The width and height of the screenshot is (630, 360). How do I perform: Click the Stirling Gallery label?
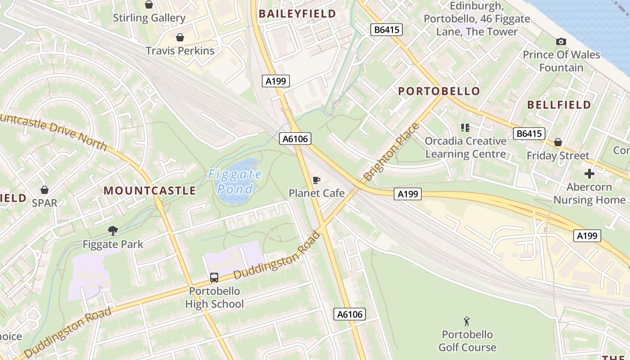pos(149,18)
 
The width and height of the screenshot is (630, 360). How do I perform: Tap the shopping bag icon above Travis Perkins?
pos(180,37)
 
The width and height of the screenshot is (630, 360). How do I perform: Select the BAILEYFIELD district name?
pos(297,13)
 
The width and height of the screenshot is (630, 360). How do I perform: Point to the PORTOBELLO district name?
pos(439,91)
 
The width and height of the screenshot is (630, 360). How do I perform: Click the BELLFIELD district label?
pos(559,105)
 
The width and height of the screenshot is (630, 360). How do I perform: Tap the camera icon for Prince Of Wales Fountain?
pos(561,42)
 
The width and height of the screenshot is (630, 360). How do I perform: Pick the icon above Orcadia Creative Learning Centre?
pos(465,128)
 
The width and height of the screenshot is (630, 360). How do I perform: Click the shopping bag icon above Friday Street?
pos(558,143)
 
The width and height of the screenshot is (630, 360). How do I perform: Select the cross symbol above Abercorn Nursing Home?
pos(589,174)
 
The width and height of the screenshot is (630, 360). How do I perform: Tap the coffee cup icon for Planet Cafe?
pos(316,180)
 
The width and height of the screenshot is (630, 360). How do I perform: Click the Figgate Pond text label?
pos(235,181)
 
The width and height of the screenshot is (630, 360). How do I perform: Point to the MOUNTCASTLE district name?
pos(150,190)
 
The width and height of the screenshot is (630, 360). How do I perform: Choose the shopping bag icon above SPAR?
pos(45,190)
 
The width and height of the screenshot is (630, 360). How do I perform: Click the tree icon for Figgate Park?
pos(113,231)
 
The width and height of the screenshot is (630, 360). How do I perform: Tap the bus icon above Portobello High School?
pos(214,278)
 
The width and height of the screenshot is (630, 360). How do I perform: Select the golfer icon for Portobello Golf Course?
pos(467,321)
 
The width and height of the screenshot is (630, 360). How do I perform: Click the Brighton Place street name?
pos(391,152)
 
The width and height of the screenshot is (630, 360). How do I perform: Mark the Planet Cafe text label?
pos(316,193)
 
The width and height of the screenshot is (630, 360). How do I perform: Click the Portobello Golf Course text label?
pos(467,341)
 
